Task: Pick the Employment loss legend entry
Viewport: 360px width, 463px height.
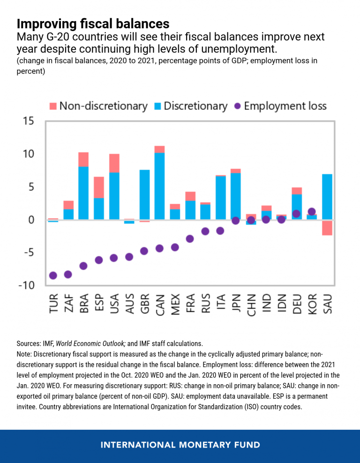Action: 280,106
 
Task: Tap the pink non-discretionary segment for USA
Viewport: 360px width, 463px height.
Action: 114,163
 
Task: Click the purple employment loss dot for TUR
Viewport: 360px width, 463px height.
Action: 53,275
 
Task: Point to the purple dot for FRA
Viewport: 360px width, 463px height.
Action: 190,239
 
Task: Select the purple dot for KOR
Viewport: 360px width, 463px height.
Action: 312,212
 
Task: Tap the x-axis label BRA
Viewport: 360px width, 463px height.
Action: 83,304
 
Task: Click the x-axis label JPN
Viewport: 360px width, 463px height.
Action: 236,304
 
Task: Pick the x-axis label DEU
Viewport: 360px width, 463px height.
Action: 296,304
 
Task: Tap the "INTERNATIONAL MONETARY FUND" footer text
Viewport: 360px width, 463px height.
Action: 180,445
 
